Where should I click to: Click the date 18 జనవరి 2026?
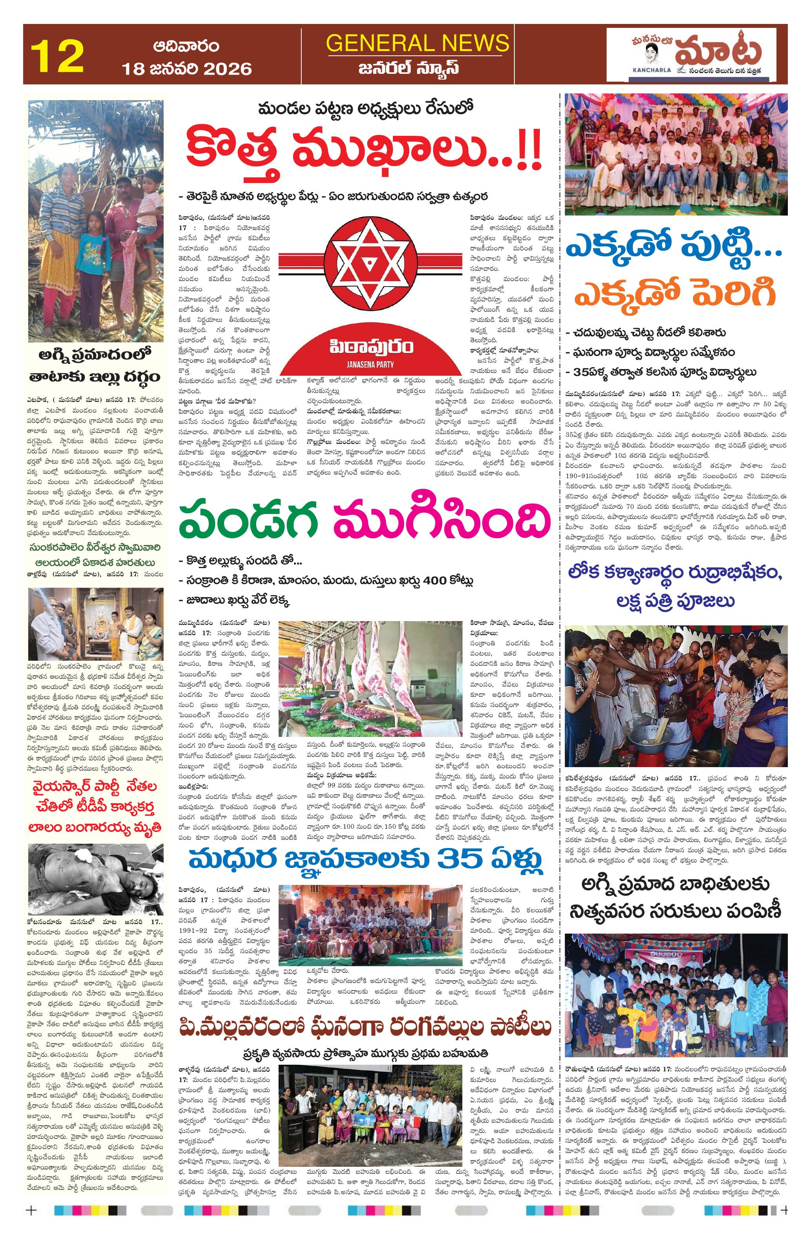186,68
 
